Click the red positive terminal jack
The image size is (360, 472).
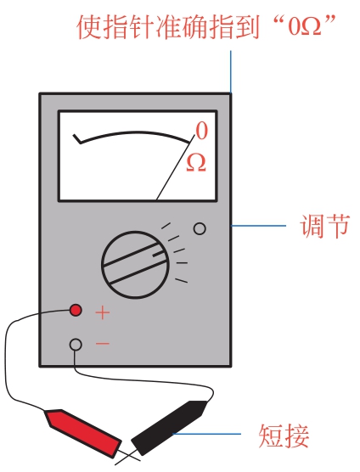tap(76, 310)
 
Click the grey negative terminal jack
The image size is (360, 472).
tap(76, 344)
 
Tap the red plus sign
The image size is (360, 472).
tap(103, 312)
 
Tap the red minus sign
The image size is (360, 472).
tap(103, 343)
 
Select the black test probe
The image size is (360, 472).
tap(170, 428)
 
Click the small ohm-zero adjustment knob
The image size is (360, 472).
tap(200, 228)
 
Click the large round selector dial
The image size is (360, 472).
tap(135, 265)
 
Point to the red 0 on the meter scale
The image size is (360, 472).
tap(202, 131)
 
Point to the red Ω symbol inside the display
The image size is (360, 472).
tap(196, 163)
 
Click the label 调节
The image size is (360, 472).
tap(324, 226)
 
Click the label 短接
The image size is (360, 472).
tap(284, 435)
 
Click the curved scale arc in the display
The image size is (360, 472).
tap(132, 135)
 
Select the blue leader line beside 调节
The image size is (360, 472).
tap(258, 226)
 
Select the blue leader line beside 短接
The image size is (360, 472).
tap(206, 434)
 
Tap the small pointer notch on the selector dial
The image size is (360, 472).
tap(160, 255)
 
